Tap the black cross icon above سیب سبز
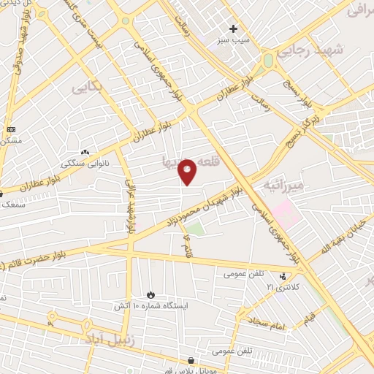234,29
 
